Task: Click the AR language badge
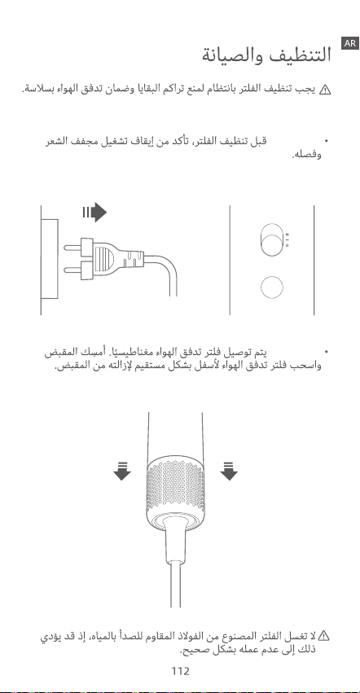click(350, 43)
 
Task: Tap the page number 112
click(181, 671)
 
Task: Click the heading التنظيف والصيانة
click(266, 55)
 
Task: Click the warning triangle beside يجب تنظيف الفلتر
click(325, 90)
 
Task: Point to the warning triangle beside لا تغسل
click(325, 636)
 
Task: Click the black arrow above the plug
click(94, 213)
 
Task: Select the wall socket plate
click(49, 259)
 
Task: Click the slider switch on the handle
click(271, 239)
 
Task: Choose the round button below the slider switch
click(272, 287)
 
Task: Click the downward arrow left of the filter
click(122, 472)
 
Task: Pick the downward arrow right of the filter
click(229, 472)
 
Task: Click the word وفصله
click(306, 155)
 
